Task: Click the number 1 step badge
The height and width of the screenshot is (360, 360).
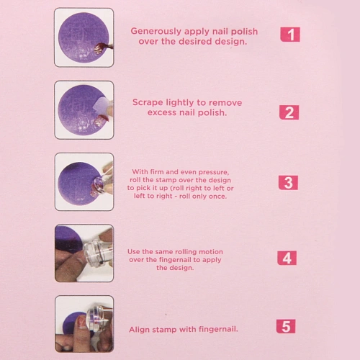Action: [x=290, y=35]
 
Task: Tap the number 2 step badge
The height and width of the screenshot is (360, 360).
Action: [x=289, y=112]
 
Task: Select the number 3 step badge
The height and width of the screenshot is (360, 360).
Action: [x=288, y=183]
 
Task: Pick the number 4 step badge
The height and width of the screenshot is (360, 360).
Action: [x=287, y=258]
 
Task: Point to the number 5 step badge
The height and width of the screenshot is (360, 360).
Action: [x=286, y=326]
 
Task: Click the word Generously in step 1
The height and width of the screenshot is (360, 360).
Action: [x=156, y=32]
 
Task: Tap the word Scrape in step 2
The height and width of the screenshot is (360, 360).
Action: [x=148, y=102]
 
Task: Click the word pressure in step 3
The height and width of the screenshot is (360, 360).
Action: [x=214, y=172]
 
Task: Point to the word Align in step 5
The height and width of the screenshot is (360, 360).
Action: [x=140, y=329]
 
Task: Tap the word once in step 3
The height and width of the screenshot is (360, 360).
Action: [x=218, y=197]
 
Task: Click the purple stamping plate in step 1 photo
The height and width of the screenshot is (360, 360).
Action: [x=83, y=37]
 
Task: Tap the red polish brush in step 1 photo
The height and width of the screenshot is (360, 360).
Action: [x=104, y=48]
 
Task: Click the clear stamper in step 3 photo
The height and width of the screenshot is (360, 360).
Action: [x=101, y=184]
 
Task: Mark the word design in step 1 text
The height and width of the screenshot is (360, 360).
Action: [x=230, y=42]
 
